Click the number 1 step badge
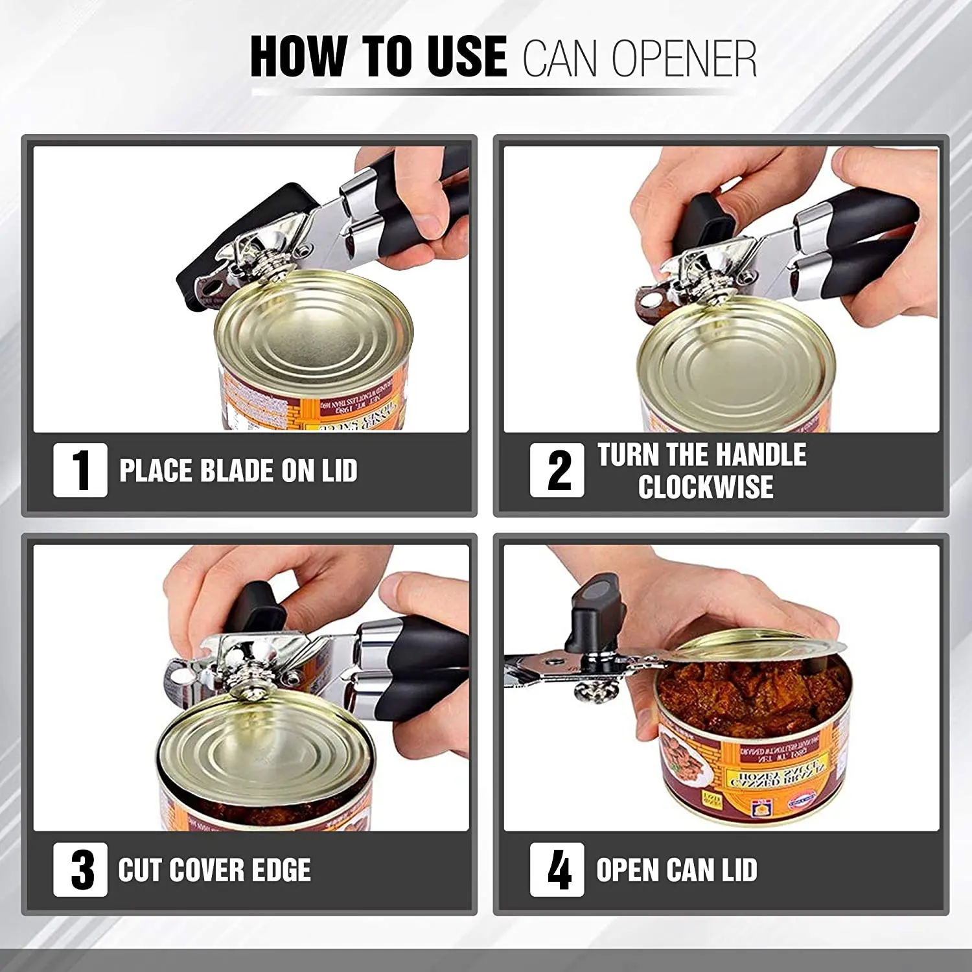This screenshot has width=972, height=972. click(80, 470)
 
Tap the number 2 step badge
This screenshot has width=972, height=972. click(557, 470)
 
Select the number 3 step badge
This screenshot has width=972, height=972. click(80, 870)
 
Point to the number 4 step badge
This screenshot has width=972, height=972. click(557, 870)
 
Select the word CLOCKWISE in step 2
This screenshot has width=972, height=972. click(706, 487)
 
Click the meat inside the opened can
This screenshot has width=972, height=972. click(745, 693)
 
